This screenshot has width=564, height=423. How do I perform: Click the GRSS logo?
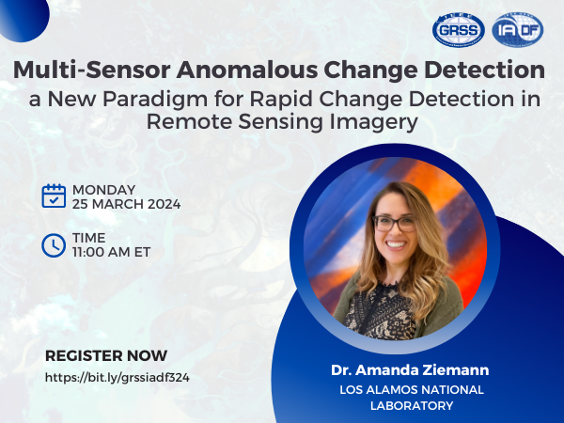click(459, 30)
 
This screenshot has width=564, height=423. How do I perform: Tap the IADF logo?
click(518, 30)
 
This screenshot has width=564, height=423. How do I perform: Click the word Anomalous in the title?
click(247, 70)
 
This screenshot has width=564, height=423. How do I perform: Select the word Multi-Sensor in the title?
click(92, 70)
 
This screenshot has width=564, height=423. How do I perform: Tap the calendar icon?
click(54, 196)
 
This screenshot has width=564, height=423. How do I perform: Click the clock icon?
click(54, 245)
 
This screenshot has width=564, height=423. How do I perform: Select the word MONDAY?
click(104, 190)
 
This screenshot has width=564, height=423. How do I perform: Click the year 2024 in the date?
click(164, 204)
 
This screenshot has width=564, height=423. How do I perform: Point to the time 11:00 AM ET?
click(111, 252)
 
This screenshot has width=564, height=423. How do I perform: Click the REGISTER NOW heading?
click(106, 355)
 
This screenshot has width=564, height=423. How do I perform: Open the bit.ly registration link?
click(117, 377)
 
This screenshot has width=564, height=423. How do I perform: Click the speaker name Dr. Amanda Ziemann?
click(410, 370)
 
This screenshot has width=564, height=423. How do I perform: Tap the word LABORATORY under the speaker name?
click(412, 405)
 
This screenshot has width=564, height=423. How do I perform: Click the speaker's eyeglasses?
click(394, 224)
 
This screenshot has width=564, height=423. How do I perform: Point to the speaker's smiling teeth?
click(396, 245)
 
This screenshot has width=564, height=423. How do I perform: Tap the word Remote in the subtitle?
click(189, 121)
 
